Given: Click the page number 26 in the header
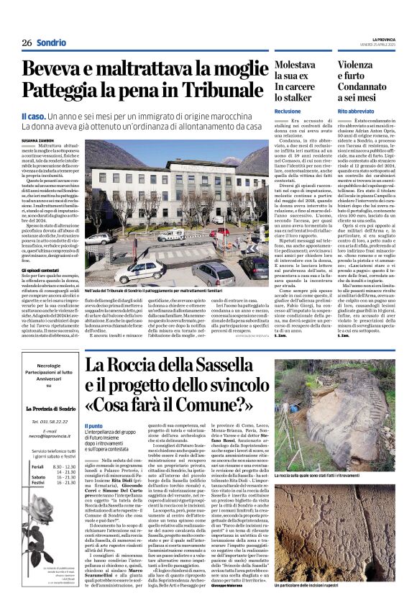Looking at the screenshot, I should click(26, 42).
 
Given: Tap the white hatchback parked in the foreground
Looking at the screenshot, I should click(141, 271).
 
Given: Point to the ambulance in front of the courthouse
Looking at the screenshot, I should click(171, 235).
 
